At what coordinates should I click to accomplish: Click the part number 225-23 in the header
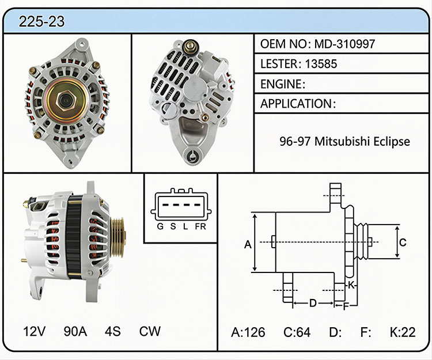41,21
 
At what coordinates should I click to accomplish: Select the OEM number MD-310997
344,44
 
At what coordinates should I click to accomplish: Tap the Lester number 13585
321,64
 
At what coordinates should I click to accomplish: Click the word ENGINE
281,84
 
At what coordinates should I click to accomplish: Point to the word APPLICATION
296,104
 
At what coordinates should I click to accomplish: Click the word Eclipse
392,142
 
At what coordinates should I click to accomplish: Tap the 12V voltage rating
34,331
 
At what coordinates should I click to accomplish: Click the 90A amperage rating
75,331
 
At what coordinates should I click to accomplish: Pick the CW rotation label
150,331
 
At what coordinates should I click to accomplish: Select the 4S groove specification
112,331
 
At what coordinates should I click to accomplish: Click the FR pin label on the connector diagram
200,226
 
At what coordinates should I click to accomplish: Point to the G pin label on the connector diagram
160,226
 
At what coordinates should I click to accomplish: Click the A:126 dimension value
248,332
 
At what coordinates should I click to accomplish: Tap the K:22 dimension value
403,332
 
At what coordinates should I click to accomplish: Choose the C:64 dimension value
297,332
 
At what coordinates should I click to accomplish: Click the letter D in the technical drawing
313,303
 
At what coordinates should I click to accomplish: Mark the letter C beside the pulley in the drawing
403,242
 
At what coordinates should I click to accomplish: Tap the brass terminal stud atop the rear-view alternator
190,47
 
